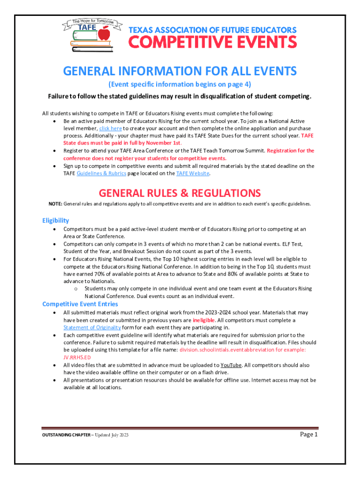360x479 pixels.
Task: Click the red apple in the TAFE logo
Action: [105, 34]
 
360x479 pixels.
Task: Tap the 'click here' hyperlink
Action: [110, 128]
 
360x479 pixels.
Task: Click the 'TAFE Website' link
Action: [193, 173]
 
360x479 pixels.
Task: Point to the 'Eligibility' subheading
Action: [56, 220]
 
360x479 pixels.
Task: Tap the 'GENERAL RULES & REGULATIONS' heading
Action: [180, 193]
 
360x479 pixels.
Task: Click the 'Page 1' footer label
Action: [309, 435]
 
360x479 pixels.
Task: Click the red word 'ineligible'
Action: [204, 320]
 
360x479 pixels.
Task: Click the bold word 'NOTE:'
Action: [56, 204]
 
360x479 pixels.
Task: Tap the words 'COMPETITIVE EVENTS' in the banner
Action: [213, 43]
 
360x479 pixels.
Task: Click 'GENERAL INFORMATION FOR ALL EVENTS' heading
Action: [180, 71]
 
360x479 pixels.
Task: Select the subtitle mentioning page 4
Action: [180, 85]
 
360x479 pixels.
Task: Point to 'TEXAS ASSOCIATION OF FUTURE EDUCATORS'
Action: [213, 30]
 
